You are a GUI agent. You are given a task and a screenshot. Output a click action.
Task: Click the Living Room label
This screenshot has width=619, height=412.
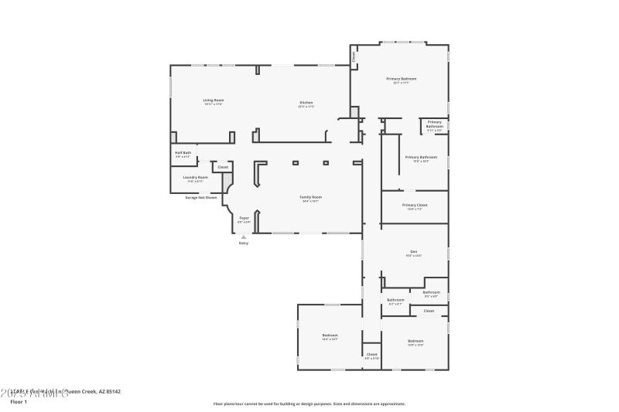click(214, 100)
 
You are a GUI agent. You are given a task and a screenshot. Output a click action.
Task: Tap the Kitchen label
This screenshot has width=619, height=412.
click(306, 103)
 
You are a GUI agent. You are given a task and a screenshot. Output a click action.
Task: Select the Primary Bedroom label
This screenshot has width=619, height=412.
click(402, 79)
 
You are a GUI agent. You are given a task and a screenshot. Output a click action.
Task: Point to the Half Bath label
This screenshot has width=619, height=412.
click(183, 153)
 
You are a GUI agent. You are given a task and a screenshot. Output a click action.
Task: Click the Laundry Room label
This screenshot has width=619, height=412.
click(195, 178)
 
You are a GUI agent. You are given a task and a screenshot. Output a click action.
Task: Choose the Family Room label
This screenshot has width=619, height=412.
click(311, 197)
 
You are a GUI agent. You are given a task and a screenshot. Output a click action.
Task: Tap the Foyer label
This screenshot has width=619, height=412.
click(244, 219)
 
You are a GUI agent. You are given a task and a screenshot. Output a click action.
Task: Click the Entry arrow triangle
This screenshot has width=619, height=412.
click(244, 237)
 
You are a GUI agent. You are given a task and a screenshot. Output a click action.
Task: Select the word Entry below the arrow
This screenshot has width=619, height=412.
click(244, 243)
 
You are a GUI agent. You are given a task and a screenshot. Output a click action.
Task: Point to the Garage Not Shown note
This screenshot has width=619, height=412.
click(200, 197)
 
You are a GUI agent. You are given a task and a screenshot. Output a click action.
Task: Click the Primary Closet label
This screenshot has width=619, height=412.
click(415, 205)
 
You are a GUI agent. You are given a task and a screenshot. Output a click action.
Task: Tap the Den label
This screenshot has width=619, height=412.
click(414, 252)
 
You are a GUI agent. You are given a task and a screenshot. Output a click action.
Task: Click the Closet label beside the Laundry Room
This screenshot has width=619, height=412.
click(223, 167)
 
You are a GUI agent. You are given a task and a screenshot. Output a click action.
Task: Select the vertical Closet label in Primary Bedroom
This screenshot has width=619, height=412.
click(354, 56)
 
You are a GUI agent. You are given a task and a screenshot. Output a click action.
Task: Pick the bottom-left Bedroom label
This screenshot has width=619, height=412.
click(330, 335)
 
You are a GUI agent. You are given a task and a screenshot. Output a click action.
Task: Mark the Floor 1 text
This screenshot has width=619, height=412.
click(19, 402)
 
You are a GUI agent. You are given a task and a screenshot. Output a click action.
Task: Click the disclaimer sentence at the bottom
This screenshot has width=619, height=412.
click(309, 403)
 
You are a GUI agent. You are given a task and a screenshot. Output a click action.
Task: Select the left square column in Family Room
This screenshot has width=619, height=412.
click(295, 163)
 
